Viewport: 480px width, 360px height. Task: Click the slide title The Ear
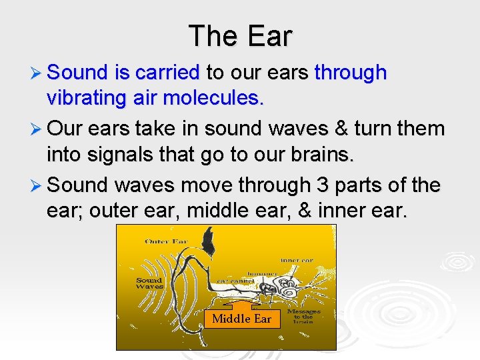click(x=240, y=36)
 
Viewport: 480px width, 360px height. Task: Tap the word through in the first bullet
click(x=350, y=72)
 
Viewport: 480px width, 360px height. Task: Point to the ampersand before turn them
click(x=351, y=129)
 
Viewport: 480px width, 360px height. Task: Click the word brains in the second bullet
click(x=326, y=155)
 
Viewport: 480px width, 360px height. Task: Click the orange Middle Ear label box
click(x=241, y=318)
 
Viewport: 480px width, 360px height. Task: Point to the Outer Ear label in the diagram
click(x=166, y=241)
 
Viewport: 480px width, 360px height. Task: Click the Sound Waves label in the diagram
click(x=149, y=283)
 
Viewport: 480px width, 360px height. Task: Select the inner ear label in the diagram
click(x=298, y=259)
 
